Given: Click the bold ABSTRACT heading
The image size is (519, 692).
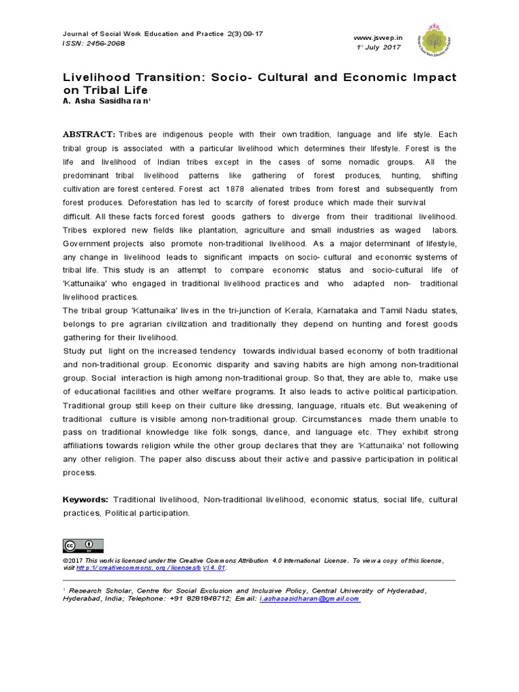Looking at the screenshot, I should [89, 135].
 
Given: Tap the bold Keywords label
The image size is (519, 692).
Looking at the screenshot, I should [85, 499].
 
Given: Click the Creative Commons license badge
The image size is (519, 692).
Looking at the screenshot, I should [83, 545].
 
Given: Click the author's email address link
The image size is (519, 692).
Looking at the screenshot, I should [310, 599].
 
